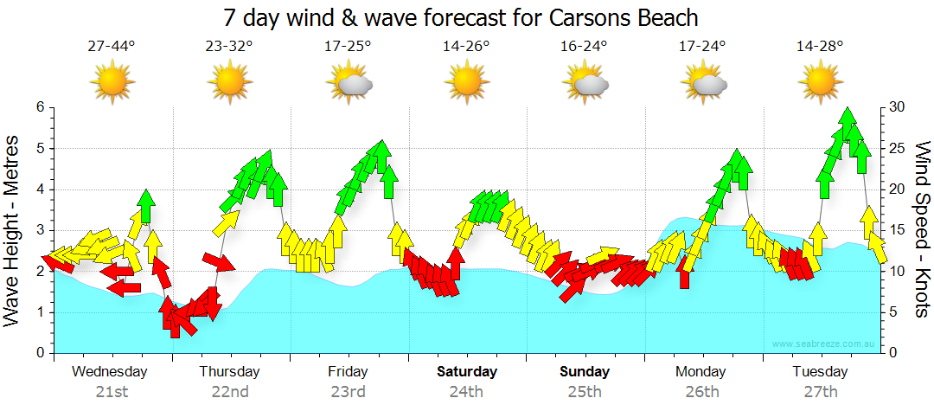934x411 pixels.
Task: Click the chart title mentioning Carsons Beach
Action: click(x=460, y=17)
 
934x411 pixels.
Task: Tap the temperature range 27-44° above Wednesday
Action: click(x=112, y=47)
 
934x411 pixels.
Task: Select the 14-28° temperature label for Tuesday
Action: click(x=820, y=47)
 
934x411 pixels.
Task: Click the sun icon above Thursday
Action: click(x=230, y=82)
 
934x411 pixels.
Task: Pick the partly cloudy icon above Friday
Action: click(x=349, y=83)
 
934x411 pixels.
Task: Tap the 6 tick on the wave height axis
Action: click(x=40, y=107)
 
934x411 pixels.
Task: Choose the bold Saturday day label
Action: click(x=466, y=372)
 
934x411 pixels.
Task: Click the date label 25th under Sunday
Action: click(x=585, y=391)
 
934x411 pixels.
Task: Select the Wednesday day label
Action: click(x=110, y=372)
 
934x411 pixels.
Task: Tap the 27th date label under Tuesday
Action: click(x=821, y=391)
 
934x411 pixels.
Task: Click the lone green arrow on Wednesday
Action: click(x=145, y=206)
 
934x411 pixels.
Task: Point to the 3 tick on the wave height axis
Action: click(x=40, y=230)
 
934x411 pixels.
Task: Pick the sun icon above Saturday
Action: click(x=467, y=82)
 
